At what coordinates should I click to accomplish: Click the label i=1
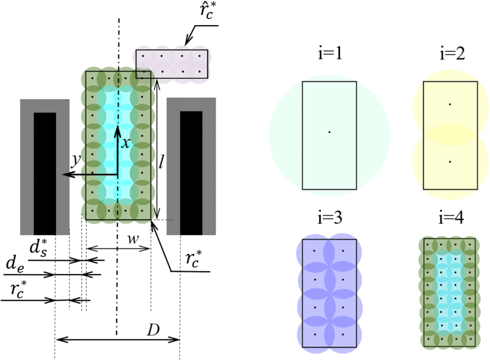tap(330, 53)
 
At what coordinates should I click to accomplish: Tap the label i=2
tap(452, 53)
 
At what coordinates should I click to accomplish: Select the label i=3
tap(330, 217)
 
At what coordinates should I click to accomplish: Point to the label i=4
tap(451, 217)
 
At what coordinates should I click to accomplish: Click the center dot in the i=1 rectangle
tap(329, 132)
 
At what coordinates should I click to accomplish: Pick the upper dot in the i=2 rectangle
tap(450, 104)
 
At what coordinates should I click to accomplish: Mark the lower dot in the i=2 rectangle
tap(450, 162)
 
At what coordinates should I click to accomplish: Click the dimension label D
tap(154, 330)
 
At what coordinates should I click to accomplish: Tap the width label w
tap(133, 239)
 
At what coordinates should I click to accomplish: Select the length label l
tap(161, 161)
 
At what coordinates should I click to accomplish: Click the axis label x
tap(125, 143)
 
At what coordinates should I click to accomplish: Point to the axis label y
tap(76, 160)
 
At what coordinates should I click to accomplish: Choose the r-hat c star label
tap(207, 12)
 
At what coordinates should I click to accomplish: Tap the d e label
tap(15, 264)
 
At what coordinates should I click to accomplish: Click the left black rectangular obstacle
tap(45, 174)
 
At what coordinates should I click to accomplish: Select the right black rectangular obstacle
tap(191, 173)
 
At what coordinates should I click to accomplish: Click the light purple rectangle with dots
tap(171, 64)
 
